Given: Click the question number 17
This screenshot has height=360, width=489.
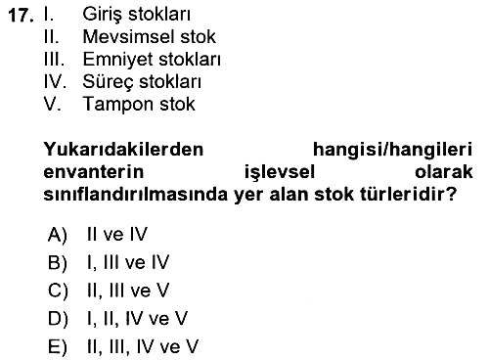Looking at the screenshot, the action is click(x=21, y=16).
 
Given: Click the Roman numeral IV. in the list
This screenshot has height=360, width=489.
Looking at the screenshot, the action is click(x=55, y=81).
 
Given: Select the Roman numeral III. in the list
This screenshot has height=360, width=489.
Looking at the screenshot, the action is click(x=54, y=59).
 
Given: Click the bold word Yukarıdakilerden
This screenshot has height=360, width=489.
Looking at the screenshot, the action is click(x=123, y=150).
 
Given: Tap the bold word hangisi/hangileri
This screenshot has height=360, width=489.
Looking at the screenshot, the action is click(x=392, y=151).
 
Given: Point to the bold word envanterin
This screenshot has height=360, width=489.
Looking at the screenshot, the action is click(x=94, y=172).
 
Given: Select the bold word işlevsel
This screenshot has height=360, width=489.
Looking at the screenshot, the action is click(x=280, y=172).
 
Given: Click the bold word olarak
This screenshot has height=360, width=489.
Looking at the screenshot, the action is click(x=444, y=171).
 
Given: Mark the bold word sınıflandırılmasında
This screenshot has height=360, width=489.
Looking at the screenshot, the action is click(x=135, y=195).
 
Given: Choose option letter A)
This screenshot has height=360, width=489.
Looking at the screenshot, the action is click(x=58, y=235).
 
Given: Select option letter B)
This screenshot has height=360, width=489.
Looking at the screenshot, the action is click(x=58, y=262).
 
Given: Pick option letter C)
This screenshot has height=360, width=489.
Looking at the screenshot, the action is click(x=58, y=291).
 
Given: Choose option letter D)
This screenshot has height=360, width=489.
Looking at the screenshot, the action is click(x=58, y=319).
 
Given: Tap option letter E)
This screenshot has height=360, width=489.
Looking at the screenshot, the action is click(x=58, y=346).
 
